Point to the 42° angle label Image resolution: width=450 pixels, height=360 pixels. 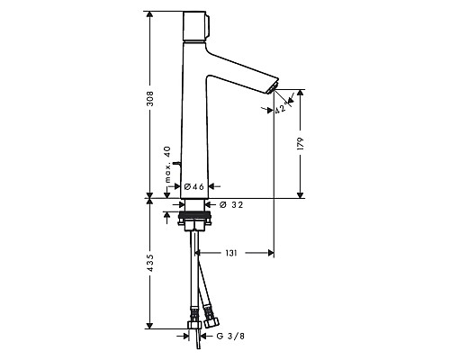pyautogui.click(x=280, y=109)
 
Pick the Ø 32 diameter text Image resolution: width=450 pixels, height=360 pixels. pyautogui.click(x=229, y=204)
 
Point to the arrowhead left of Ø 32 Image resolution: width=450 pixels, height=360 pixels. pyautogui.click(x=210, y=204)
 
